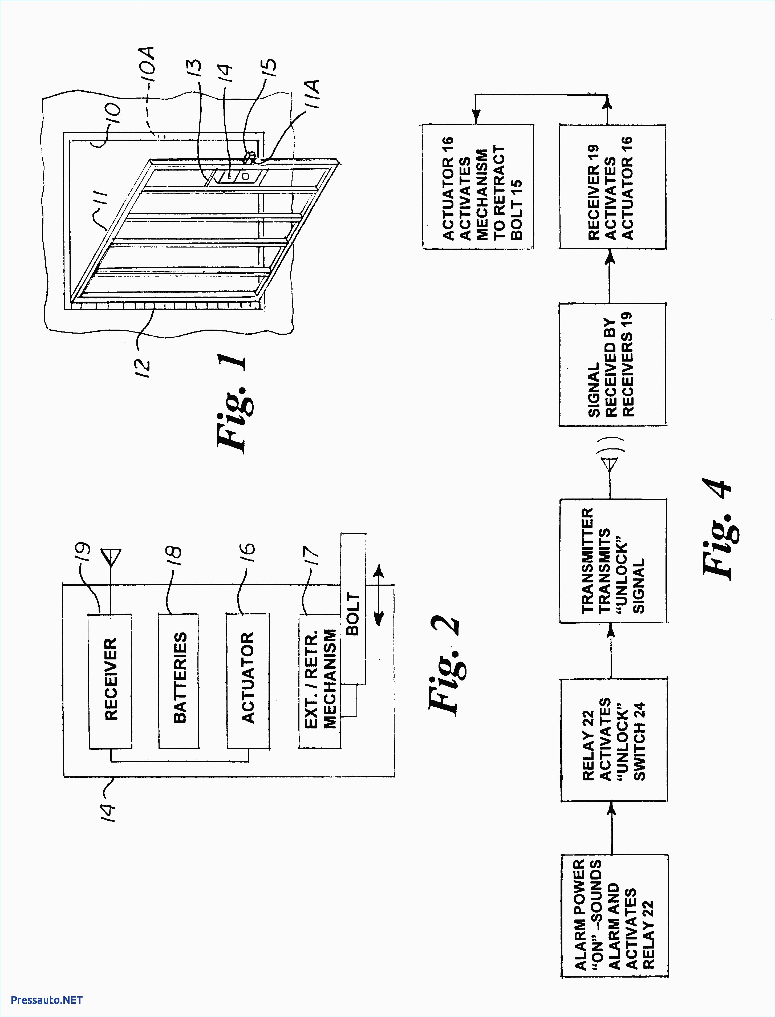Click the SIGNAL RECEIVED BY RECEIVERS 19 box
[612, 364]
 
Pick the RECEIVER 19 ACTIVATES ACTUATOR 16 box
[612, 187]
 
